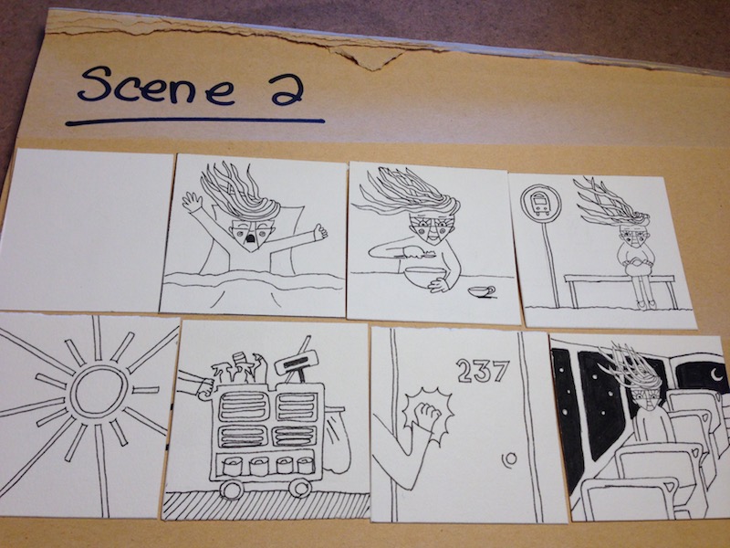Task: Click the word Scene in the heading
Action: click(156, 85)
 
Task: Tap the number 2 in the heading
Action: click(287, 90)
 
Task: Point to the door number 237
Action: click(484, 371)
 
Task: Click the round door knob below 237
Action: click(509, 459)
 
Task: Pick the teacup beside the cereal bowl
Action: click(483, 291)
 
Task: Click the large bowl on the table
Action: click(424, 278)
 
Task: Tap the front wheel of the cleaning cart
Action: click(232, 490)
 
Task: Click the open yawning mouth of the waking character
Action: click(250, 238)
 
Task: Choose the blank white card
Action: click(86, 230)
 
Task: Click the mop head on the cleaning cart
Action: click(297, 362)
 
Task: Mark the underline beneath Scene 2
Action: click(195, 122)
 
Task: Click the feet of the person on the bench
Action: click(646, 304)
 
